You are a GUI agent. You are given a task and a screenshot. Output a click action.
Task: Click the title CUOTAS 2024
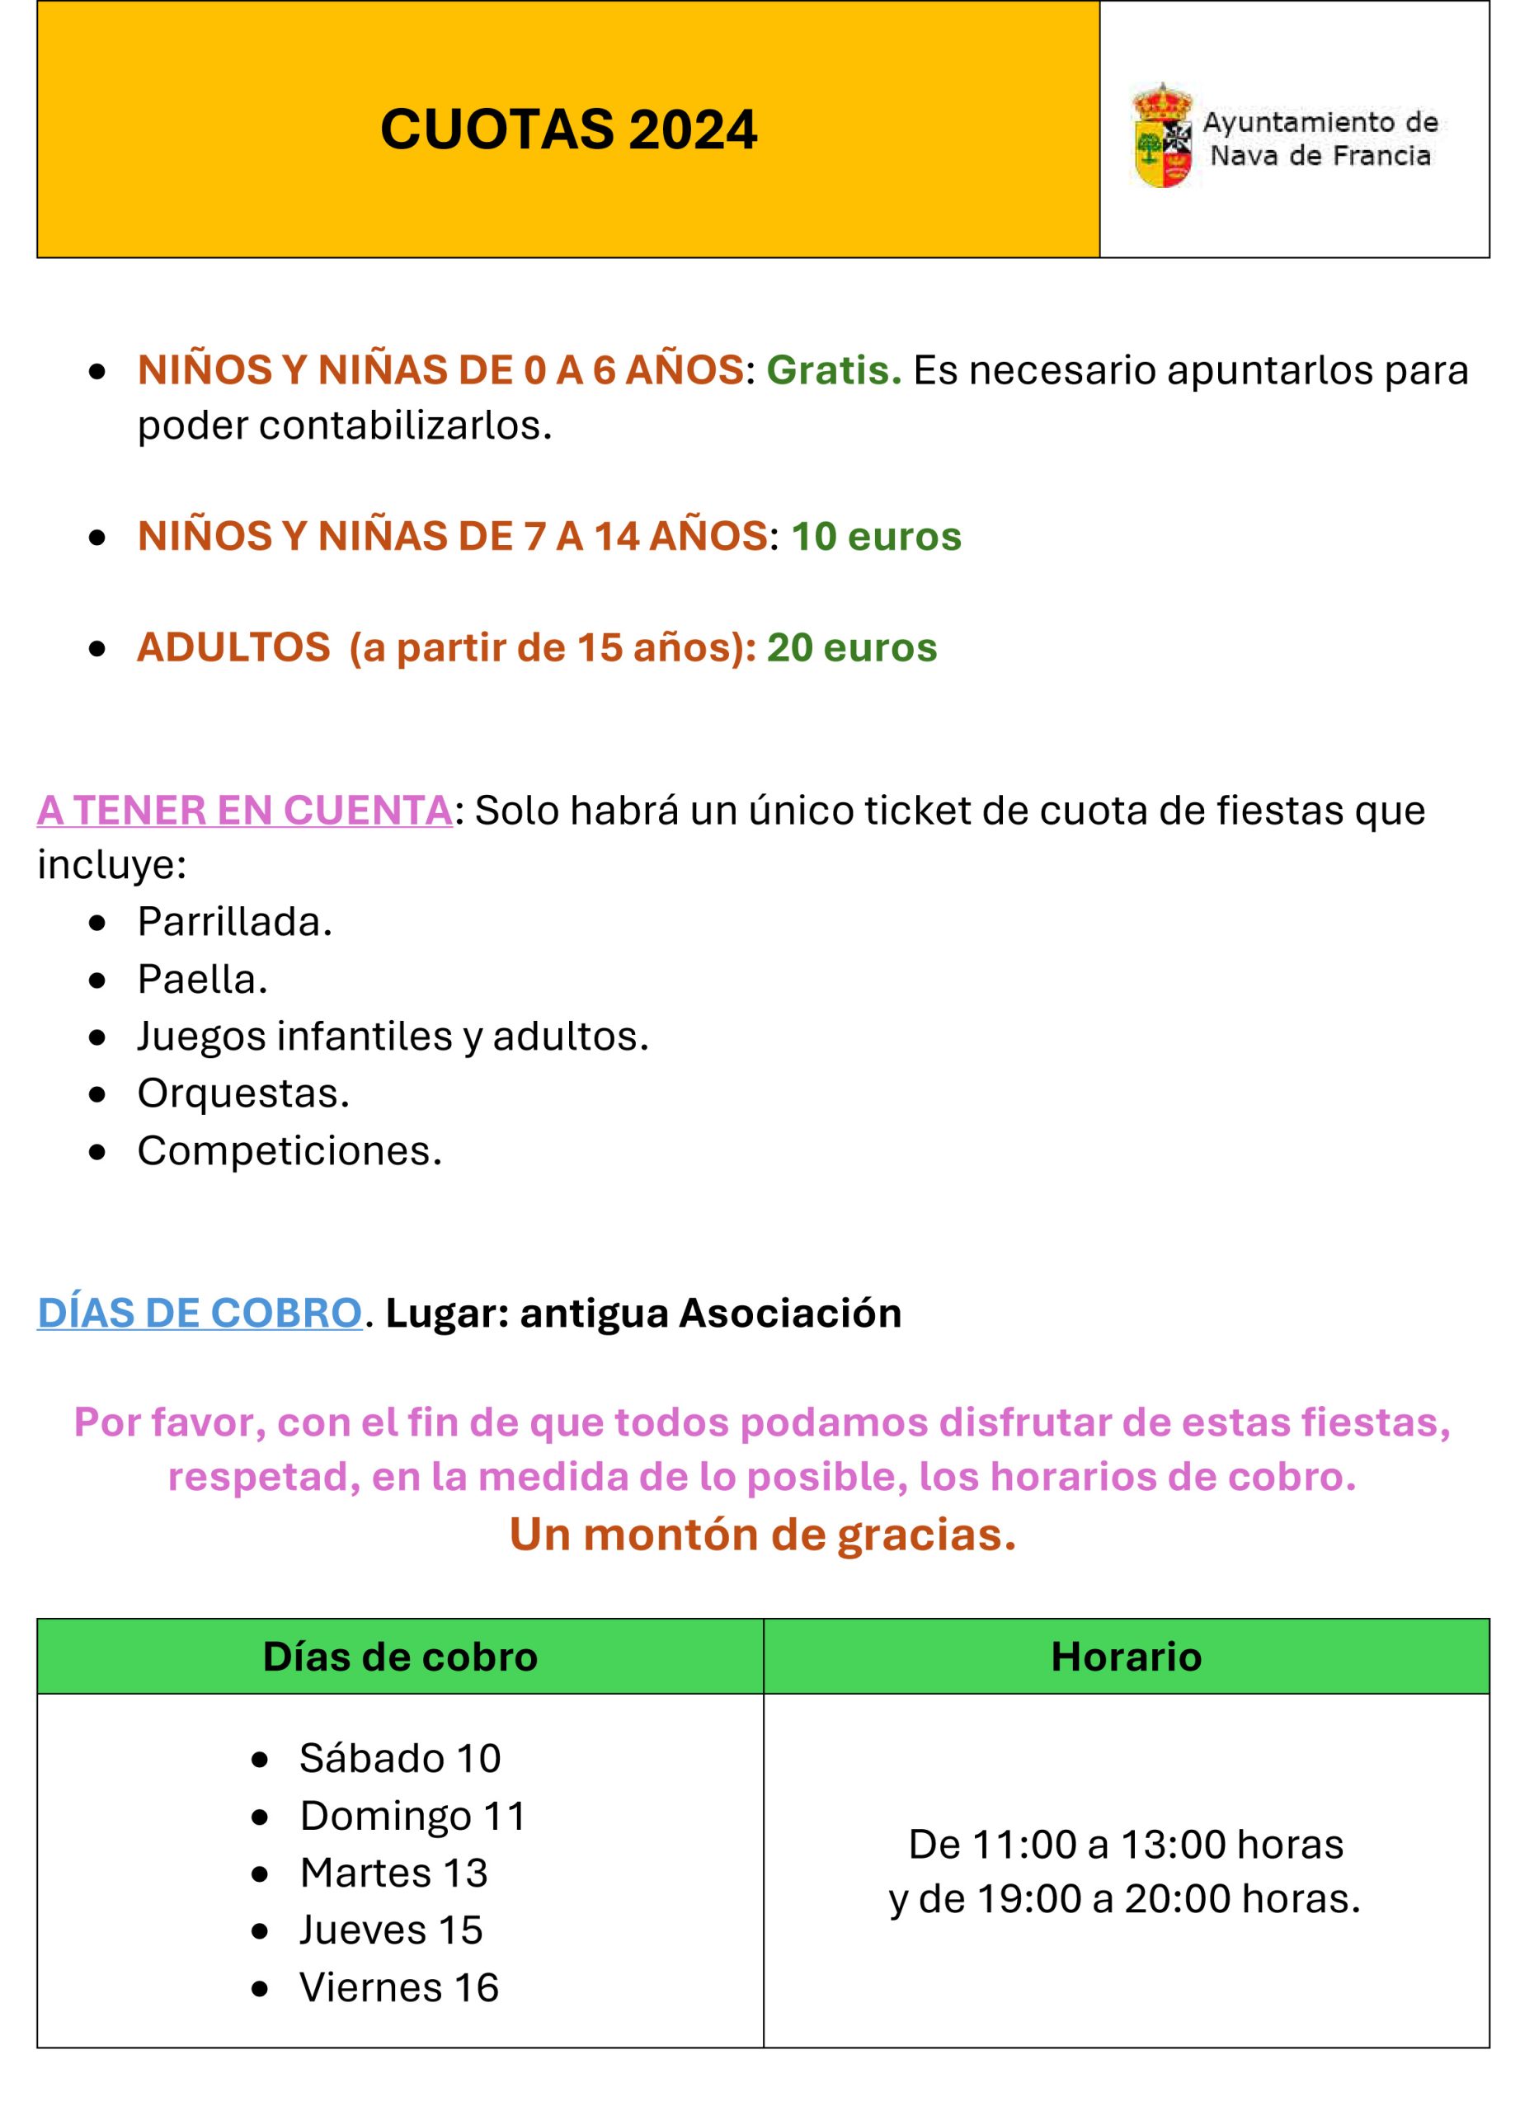(569, 129)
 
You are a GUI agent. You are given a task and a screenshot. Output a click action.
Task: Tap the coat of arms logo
(1163, 136)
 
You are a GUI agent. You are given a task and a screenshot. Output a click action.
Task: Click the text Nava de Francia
(1320, 156)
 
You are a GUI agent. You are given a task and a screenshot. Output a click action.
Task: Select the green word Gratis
(833, 370)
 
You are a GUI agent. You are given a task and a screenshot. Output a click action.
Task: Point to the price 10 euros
(876, 537)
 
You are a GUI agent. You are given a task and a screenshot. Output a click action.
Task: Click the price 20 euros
(852, 648)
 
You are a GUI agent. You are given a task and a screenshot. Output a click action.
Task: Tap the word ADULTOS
(233, 648)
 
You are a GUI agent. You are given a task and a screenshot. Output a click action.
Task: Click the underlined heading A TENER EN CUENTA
(245, 811)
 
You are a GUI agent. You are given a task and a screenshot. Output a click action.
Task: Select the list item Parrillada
(234, 923)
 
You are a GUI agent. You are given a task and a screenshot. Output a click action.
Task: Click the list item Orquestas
(243, 1093)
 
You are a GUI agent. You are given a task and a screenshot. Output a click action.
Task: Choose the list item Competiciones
(289, 1151)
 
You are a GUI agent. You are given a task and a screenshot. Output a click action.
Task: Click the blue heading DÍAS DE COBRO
(200, 1314)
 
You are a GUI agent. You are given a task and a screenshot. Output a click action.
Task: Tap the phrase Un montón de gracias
(762, 1535)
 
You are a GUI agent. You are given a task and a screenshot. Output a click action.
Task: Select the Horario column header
(1126, 1657)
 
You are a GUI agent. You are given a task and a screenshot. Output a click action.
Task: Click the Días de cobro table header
(400, 1657)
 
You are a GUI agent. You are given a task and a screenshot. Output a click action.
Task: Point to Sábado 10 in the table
(399, 1758)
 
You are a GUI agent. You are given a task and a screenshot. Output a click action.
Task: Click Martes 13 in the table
(393, 1873)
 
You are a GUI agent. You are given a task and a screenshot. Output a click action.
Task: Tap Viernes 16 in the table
(398, 1987)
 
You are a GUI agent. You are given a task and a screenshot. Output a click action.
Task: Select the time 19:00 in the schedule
(1028, 1899)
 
